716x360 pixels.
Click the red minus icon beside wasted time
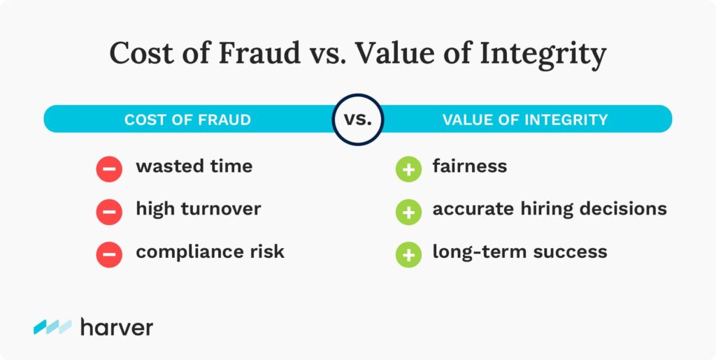pos(109,169)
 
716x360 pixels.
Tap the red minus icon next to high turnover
pos(109,212)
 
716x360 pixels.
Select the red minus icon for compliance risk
pos(109,254)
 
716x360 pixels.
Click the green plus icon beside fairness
pos(408,169)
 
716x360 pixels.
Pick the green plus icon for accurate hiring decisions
pos(408,212)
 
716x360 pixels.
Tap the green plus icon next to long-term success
pos(408,254)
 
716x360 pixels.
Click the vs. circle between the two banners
pos(357,120)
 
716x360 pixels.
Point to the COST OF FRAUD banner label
pos(187,120)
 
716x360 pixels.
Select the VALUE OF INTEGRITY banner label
pos(525,120)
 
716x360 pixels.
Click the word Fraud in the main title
pos(259,54)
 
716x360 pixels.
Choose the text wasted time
pos(194,166)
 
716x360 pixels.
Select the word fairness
pos(470,166)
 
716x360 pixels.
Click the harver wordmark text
pos(117,326)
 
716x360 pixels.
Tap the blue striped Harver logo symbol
pos(52,326)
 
